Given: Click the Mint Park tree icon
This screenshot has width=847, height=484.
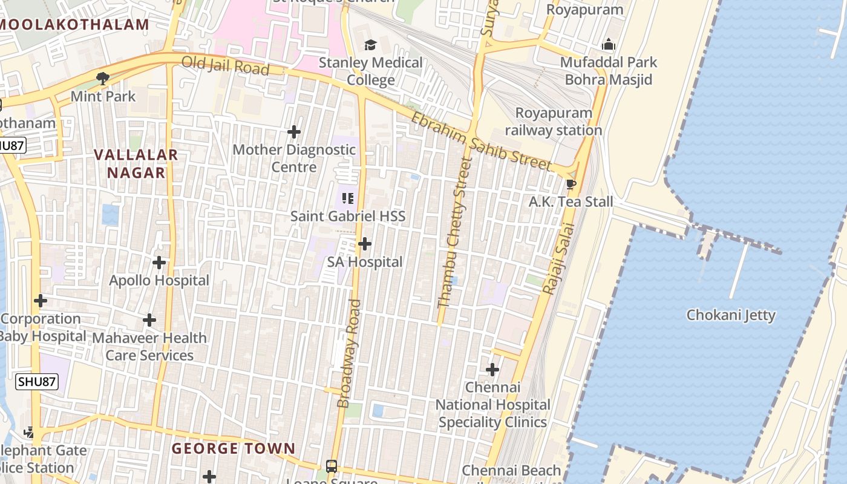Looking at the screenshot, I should coord(103,78).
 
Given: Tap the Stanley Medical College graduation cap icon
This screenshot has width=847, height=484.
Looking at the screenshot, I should coord(370,45).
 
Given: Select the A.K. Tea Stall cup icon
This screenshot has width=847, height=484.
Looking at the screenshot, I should coord(571,184).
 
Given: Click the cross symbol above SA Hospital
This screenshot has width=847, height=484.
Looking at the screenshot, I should coord(365,244).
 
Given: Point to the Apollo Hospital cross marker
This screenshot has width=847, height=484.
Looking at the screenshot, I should coord(159,263).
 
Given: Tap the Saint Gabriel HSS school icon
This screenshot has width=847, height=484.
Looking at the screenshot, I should coord(347,198).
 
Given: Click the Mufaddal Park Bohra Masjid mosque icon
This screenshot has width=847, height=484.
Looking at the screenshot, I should coord(609,44).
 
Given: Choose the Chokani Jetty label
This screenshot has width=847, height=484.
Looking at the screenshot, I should coord(731,315).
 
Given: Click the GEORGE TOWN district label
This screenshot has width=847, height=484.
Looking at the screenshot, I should coord(234,449).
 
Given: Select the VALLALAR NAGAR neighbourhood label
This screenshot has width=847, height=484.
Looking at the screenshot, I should coord(136,163).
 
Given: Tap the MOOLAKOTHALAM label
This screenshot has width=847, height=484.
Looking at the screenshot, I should coord(74,25).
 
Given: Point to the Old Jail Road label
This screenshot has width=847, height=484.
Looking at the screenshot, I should coord(225,65).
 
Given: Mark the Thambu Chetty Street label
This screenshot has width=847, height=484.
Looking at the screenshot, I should coord(454,233).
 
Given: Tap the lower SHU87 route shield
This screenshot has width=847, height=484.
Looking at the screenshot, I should coord(37,382).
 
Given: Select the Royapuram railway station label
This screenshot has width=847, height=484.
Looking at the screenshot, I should coord(554,122).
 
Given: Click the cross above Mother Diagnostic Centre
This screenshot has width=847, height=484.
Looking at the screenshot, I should coord(294,131).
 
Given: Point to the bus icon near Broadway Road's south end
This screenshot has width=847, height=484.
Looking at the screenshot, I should coord(332,466).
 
